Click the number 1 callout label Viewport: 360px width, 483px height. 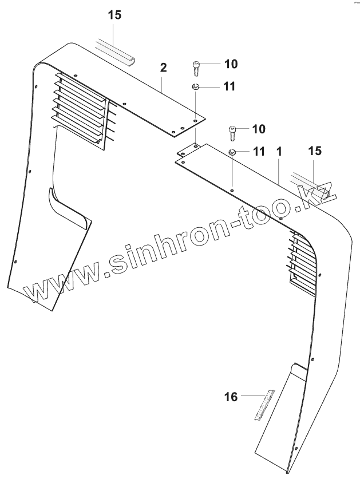click(279, 153)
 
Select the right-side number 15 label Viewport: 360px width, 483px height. click(315, 151)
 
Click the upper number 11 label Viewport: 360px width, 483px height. click(213, 86)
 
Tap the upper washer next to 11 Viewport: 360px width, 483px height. click(195, 87)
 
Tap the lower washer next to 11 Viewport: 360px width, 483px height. click(232, 152)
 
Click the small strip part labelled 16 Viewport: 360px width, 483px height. click(263, 405)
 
